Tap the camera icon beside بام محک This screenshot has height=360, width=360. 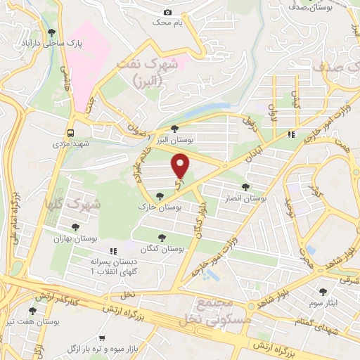coord(167,12)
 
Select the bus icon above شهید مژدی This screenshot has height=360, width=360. coord(71,132)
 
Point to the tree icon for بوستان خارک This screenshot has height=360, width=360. coord(160,198)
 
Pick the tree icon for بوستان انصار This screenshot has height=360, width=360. coord(245,187)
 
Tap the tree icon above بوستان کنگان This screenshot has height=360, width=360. coord(163,237)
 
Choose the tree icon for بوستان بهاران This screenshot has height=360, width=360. coord(75,226)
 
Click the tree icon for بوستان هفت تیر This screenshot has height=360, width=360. coord(32,310)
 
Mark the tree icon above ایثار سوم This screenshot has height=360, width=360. coord(324,290)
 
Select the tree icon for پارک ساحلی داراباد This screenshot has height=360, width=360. coord(50,32)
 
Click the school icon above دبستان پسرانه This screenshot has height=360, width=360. coord(111,250)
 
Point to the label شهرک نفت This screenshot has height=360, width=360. coord(144,70)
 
